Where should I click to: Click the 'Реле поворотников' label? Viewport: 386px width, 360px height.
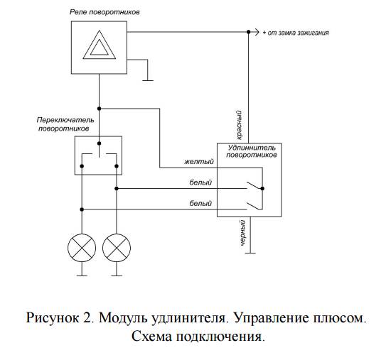point(104,12)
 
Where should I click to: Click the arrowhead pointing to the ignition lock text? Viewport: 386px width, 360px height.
point(257,32)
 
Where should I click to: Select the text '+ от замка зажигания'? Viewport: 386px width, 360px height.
point(296,33)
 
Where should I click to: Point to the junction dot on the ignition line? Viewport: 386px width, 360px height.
point(249,32)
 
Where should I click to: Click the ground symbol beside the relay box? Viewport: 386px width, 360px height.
point(147,80)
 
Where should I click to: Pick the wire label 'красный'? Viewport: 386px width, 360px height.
point(239,125)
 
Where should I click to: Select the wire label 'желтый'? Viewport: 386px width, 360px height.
point(199,162)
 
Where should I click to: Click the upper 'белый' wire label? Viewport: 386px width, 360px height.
point(200,182)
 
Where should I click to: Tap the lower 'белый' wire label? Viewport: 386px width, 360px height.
point(200,203)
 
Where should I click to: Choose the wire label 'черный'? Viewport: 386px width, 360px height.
point(242,233)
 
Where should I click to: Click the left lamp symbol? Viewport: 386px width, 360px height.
point(82,248)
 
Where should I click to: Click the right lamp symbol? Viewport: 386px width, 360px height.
point(117,248)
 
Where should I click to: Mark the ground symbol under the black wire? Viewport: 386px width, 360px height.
point(250,253)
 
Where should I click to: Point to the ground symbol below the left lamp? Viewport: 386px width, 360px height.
point(82,276)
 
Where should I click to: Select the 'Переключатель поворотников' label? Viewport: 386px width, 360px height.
point(65,124)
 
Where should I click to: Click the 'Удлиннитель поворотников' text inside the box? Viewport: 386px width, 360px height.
point(252,151)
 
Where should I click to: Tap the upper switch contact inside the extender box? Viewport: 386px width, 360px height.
point(254,185)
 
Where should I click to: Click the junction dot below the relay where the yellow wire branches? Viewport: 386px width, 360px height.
point(100,109)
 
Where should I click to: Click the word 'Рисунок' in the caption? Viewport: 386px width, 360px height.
point(53,317)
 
